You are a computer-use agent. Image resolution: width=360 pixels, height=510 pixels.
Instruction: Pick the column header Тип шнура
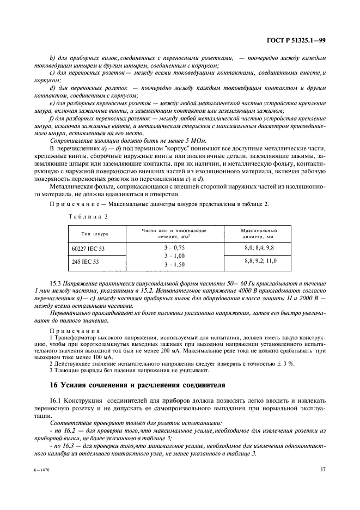tap(94, 234)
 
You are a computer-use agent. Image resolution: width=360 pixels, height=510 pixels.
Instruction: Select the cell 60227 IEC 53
tap(87, 248)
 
